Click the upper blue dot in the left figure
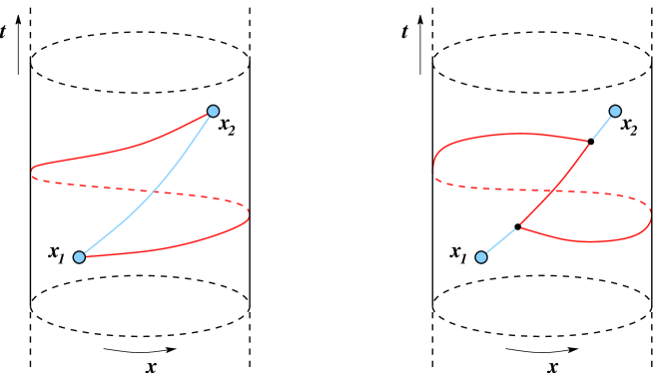point(213,111)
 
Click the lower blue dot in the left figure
point(79,257)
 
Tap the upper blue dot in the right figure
point(615,111)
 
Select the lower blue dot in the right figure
point(481,257)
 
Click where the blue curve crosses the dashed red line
point(154,189)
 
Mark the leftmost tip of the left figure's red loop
point(32,173)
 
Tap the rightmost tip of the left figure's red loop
point(249,213)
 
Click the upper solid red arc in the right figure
point(509,135)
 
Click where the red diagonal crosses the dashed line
point(554,189)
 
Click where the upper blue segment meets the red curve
point(589,143)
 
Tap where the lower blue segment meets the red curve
point(519,226)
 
